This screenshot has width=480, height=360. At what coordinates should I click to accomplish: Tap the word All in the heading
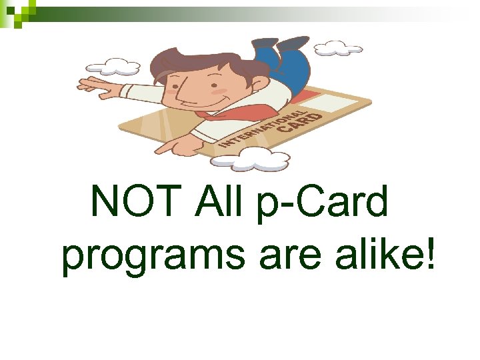tap(221, 201)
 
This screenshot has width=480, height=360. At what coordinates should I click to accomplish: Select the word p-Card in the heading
tap(321, 202)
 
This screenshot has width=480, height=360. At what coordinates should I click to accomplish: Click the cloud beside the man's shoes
tap(338, 48)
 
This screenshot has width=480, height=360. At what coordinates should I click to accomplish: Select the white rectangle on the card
tap(344, 103)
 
